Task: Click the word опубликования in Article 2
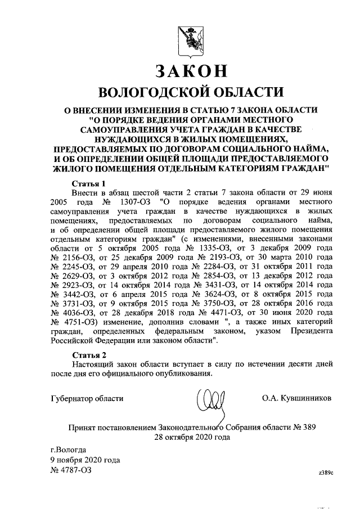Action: (181, 375)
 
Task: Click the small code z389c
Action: (326, 473)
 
